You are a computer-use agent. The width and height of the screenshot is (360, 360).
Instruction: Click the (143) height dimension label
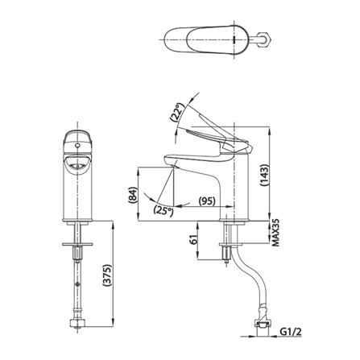pos(264,176)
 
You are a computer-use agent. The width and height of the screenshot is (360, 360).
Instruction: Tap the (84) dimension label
pos(134,195)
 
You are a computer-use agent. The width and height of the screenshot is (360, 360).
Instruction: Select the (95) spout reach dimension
pos(207,201)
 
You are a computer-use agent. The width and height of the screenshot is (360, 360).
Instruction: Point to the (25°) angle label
pos(163,210)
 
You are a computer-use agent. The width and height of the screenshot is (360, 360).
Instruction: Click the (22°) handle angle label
pos(177,113)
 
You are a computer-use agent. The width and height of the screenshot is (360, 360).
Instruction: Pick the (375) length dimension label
pos(107,277)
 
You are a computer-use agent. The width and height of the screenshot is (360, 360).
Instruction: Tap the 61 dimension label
pos(194,238)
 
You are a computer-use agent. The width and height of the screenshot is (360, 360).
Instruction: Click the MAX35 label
pos(276,232)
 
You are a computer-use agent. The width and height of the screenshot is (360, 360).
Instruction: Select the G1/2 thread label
pos(291,332)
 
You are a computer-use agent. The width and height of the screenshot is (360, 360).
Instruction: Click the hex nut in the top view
pos(265,39)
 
